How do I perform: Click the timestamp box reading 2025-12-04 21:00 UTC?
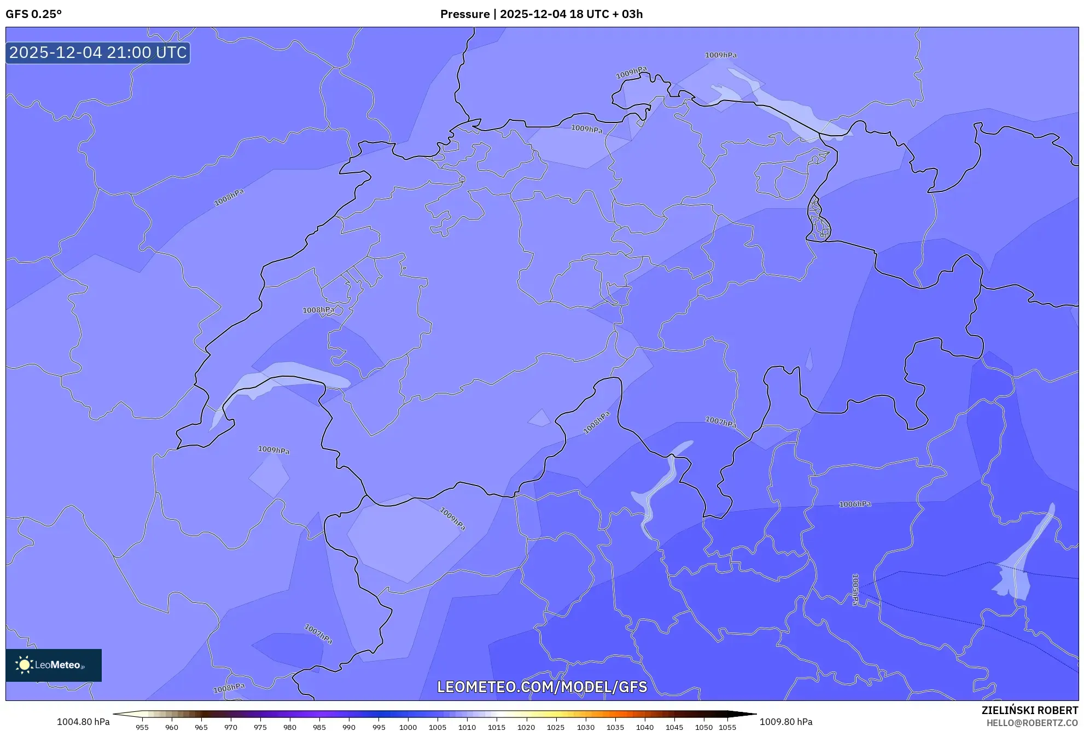(x=98, y=52)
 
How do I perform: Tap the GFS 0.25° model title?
(x=33, y=14)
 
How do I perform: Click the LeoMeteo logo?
(x=54, y=665)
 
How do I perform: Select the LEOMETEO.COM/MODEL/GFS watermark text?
(x=541, y=687)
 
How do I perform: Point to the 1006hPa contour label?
(x=854, y=504)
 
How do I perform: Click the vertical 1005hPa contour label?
(x=855, y=589)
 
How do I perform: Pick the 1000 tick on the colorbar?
(x=407, y=727)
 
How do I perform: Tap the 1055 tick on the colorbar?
(x=727, y=727)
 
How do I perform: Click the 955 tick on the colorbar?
(x=142, y=727)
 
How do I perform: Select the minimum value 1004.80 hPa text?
(x=83, y=722)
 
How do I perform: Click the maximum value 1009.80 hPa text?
(x=785, y=722)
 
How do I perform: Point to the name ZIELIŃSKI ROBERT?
(x=1029, y=710)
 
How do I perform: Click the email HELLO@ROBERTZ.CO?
(x=1031, y=723)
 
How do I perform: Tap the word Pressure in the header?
(x=464, y=14)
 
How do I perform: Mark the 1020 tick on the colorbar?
(x=526, y=727)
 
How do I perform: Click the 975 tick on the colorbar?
(x=260, y=727)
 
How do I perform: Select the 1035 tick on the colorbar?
(x=615, y=727)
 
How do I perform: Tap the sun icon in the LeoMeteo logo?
(x=24, y=665)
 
